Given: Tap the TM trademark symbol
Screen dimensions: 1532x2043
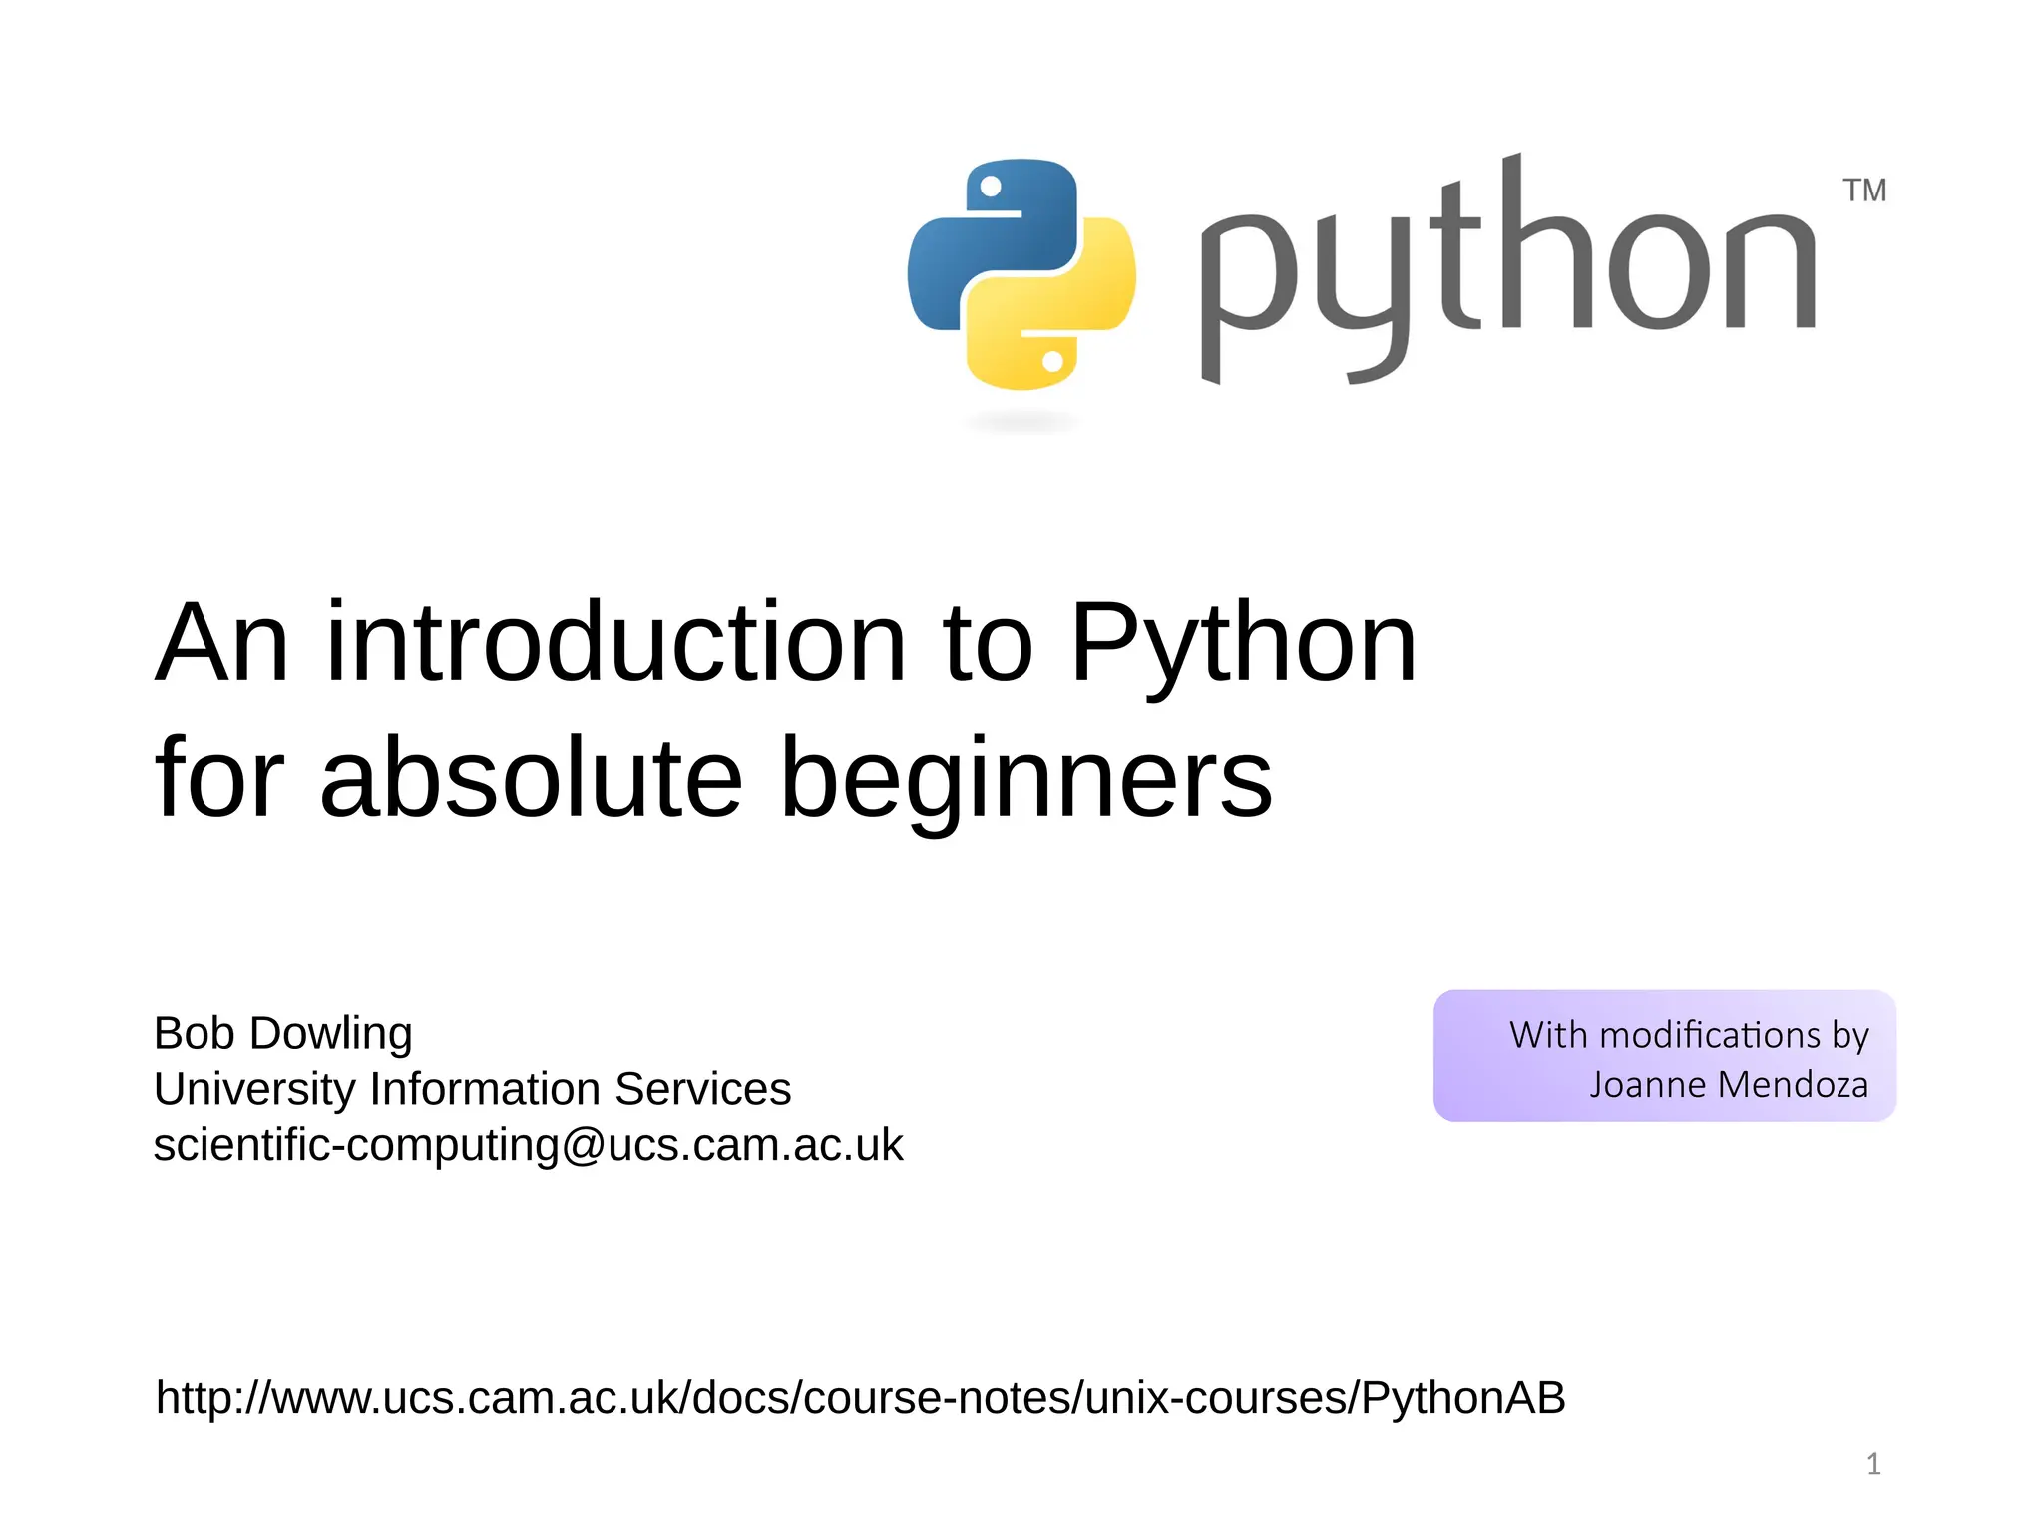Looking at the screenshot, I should (1863, 190).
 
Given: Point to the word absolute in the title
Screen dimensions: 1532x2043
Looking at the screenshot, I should (531, 778).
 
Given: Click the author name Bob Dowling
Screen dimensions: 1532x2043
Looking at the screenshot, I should (282, 1034).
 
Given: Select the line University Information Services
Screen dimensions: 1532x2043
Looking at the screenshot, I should (472, 1089).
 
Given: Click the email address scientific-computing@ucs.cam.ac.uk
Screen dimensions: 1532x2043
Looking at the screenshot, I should (528, 1145).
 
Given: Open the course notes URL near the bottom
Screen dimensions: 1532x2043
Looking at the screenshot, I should (860, 1398).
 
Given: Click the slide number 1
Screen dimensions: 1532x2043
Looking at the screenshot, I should (1873, 1464).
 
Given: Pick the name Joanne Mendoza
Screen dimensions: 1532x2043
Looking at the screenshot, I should (1729, 1085).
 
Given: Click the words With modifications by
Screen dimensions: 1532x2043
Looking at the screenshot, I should (1688, 1035).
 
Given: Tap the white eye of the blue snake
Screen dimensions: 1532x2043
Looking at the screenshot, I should (991, 187).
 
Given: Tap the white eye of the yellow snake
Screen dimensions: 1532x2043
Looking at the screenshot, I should (1052, 361).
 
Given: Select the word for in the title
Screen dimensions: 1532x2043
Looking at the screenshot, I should (219, 778).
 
